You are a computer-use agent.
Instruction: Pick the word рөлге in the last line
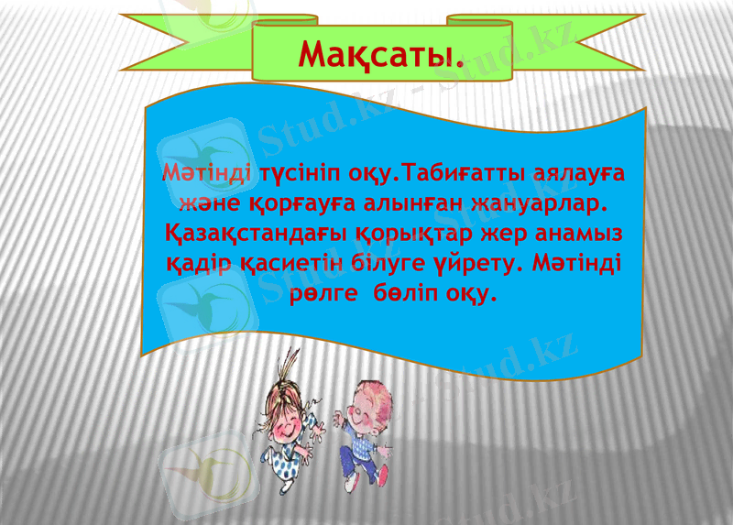[x=321, y=295]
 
